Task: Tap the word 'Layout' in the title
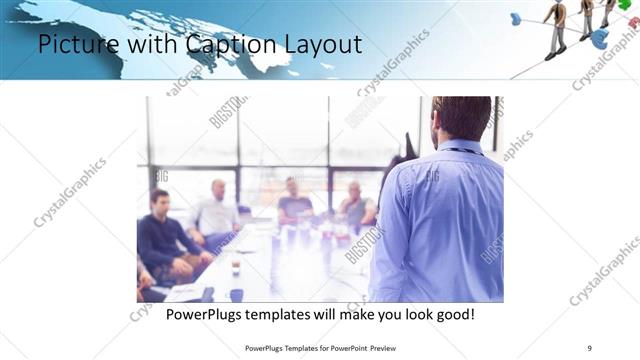point(320,45)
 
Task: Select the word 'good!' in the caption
point(451,314)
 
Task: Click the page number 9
point(589,347)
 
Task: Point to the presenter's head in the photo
point(462,118)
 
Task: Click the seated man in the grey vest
point(354,205)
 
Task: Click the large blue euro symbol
point(599,38)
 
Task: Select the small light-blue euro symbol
point(516,18)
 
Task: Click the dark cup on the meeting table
point(236,295)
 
